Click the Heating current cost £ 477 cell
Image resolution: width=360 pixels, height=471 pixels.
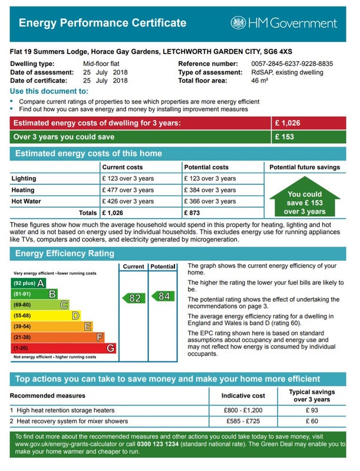pyautogui.click(x=128, y=190)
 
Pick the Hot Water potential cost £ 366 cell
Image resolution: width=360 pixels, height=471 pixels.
pyautogui.click(x=210, y=201)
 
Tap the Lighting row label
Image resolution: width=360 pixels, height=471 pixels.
pyautogui.click(x=24, y=178)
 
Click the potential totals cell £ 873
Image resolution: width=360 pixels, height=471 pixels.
pyautogui.click(x=193, y=213)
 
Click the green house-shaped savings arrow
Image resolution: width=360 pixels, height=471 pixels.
pyautogui.click(x=305, y=200)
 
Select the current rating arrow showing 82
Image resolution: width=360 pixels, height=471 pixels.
pyautogui.click(x=133, y=298)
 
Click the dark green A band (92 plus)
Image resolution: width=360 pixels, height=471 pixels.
pyautogui.click(x=29, y=283)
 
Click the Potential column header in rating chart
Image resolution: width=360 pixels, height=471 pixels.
pyautogui.click(x=163, y=267)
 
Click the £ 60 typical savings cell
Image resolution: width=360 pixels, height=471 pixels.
pyautogui.click(x=312, y=422)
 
